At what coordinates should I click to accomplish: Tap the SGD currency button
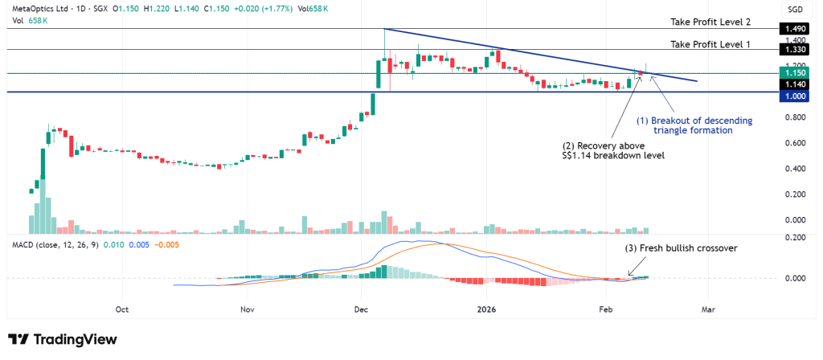click(x=793, y=9)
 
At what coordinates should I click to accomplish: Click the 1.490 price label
click(x=793, y=28)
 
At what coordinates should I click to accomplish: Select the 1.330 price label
click(x=793, y=50)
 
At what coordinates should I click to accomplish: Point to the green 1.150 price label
click(x=793, y=73)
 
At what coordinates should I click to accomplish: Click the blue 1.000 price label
click(x=793, y=96)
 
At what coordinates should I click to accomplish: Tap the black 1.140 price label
click(x=793, y=84)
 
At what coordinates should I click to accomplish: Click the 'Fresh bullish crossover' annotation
click(x=681, y=247)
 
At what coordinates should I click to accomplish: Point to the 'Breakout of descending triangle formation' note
click(x=695, y=125)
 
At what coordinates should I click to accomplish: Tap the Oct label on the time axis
click(x=123, y=309)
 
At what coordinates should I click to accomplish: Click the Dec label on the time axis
click(x=361, y=309)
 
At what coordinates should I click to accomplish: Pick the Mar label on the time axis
click(x=708, y=309)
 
